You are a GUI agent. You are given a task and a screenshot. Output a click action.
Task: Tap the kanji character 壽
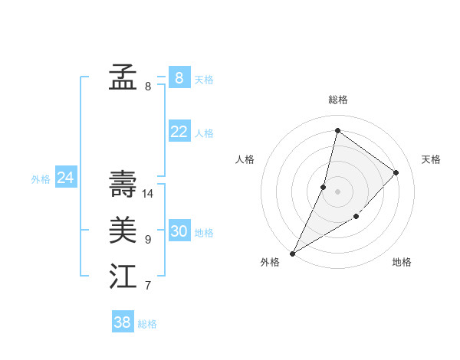(123, 185)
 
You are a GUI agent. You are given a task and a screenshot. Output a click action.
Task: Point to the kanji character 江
(123, 277)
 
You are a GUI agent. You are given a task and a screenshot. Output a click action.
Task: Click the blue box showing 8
(179, 77)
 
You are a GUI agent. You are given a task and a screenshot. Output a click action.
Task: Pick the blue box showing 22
(179, 132)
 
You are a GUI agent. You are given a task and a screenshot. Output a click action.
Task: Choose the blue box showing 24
(65, 178)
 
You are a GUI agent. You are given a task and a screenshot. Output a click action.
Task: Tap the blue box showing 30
(179, 231)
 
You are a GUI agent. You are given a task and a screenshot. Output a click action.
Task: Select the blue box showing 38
(122, 322)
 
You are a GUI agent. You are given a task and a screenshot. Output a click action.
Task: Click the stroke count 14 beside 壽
(148, 194)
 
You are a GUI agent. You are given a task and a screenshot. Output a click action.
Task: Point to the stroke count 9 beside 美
(148, 240)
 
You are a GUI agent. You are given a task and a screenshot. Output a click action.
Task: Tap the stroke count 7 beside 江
(148, 286)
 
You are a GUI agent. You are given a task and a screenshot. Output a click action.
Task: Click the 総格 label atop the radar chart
(338, 100)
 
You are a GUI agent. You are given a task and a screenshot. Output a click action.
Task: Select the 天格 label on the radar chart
(431, 159)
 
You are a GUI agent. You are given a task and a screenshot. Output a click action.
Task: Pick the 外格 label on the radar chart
(270, 262)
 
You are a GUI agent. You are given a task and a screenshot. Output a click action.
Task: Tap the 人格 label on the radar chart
(245, 159)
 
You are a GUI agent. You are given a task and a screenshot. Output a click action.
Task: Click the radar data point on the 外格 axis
(292, 253)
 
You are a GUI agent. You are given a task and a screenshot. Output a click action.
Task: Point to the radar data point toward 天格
(396, 172)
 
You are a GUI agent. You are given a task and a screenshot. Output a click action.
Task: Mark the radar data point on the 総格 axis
(337, 130)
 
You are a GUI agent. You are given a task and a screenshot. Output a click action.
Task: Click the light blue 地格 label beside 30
(204, 233)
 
